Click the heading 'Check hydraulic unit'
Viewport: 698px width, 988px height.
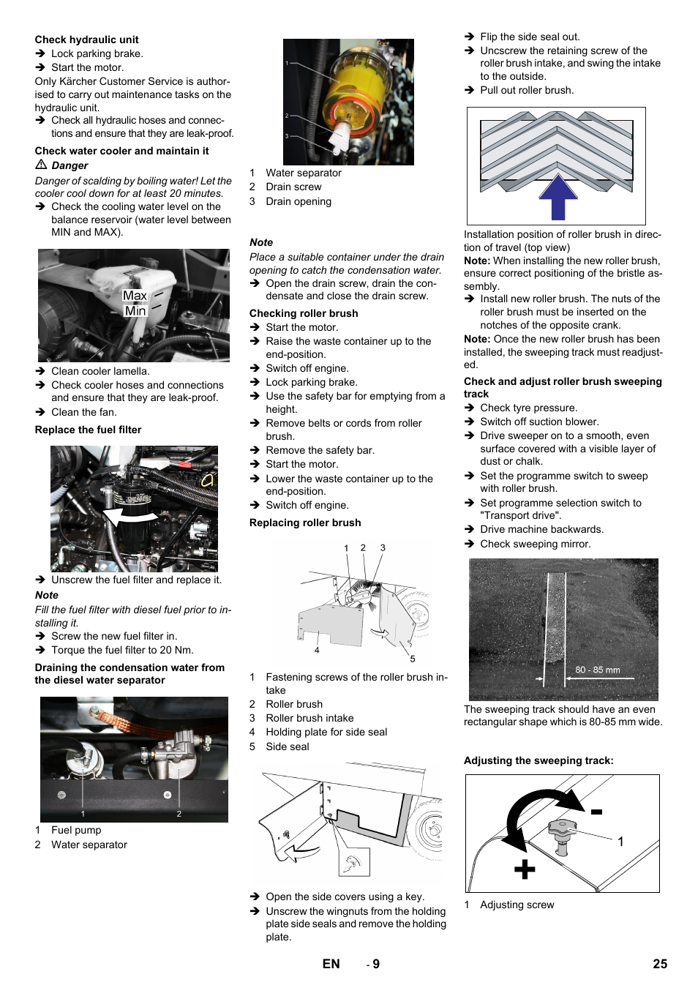(x=86, y=40)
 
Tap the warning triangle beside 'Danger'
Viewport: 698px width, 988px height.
(x=42, y=165)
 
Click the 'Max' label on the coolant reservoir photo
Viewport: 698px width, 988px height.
(x=135, y=296)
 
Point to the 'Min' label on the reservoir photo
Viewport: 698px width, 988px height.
(x=135, y=310)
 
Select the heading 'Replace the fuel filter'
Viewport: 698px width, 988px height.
(x=88, y=430)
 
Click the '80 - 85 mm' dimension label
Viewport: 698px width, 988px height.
(x=597, y=670)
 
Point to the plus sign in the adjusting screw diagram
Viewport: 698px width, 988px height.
(x=525, y=869)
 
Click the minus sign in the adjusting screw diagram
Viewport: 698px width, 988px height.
(x=596, y=812)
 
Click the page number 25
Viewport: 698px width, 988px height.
(x=660, y=964)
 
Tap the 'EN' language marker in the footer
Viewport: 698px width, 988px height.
(x=331, y=964)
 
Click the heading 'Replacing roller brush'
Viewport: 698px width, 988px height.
(x=305, y=523)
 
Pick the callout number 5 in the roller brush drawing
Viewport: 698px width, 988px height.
(x=413, y=659)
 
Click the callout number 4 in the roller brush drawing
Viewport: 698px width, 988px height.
(x=317, y=650)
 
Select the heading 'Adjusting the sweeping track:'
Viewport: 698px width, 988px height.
(x=538, y=760)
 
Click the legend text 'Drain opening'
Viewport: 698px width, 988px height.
(x=299, y=201)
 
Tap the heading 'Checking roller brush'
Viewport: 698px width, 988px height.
(x=304, y=313)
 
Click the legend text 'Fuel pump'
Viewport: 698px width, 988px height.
(x=76, y=830)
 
